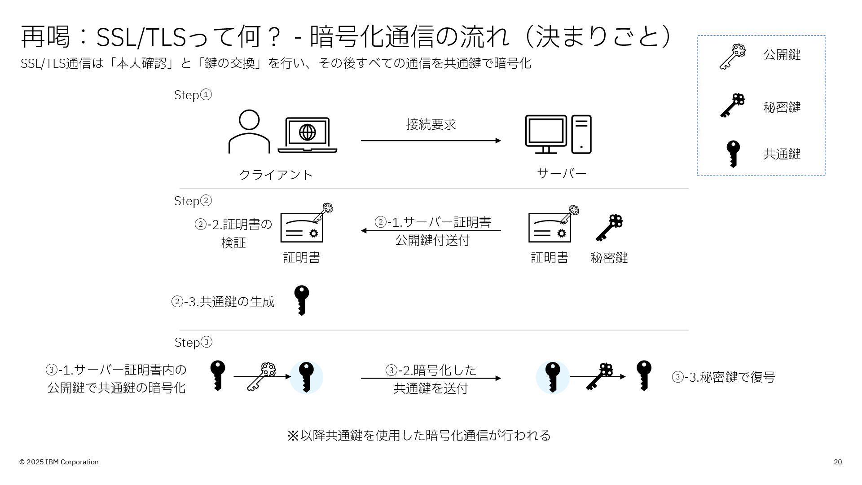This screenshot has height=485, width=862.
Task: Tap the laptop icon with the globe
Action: [x=308, y=135]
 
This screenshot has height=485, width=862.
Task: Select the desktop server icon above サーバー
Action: [x=558, y=134]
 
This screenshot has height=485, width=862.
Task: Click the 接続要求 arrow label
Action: [x=431, y=124]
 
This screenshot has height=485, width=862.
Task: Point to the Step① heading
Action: [x=193, y=95]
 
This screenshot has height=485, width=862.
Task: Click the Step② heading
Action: [x=193, y=201]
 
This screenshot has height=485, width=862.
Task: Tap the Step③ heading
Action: [x=193, y=342]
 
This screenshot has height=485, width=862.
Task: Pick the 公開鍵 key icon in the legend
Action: [x=732, y=57]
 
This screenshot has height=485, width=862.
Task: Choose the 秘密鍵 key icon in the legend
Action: [x=732, y=106]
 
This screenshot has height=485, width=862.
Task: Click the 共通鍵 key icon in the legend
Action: [x=733, y=154]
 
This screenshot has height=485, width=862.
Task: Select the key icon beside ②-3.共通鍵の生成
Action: [x=302, y=300]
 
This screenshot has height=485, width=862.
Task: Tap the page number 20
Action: [x=838, y=462]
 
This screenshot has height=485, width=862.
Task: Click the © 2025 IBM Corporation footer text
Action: [x=59, y=462]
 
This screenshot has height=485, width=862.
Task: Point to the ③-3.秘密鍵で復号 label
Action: [x=723, y=377]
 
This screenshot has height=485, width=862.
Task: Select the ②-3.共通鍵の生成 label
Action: [x=223, y=301]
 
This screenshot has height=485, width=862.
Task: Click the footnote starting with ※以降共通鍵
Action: [x=418, y=435]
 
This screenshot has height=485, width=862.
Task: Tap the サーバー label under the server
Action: [x=562, y=173]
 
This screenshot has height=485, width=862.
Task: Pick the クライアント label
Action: [x=276, y=175]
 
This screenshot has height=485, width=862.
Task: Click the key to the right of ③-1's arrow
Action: [x=306, y=377]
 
